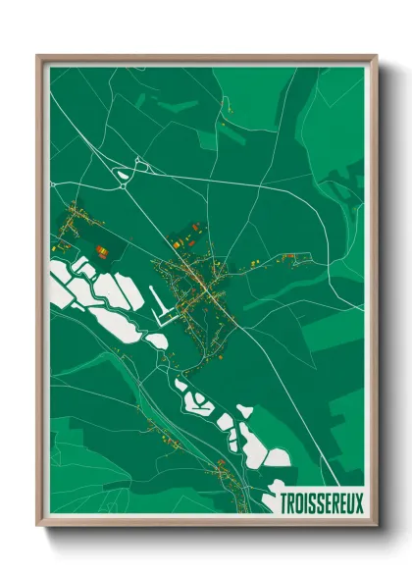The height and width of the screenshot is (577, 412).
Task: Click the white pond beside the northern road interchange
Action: pos(124,177)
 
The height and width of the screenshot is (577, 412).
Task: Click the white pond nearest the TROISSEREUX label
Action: pos(278,456)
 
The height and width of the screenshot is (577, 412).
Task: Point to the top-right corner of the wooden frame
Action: pos(376,56)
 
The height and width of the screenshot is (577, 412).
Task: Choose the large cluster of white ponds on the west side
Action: pos(93,294)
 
